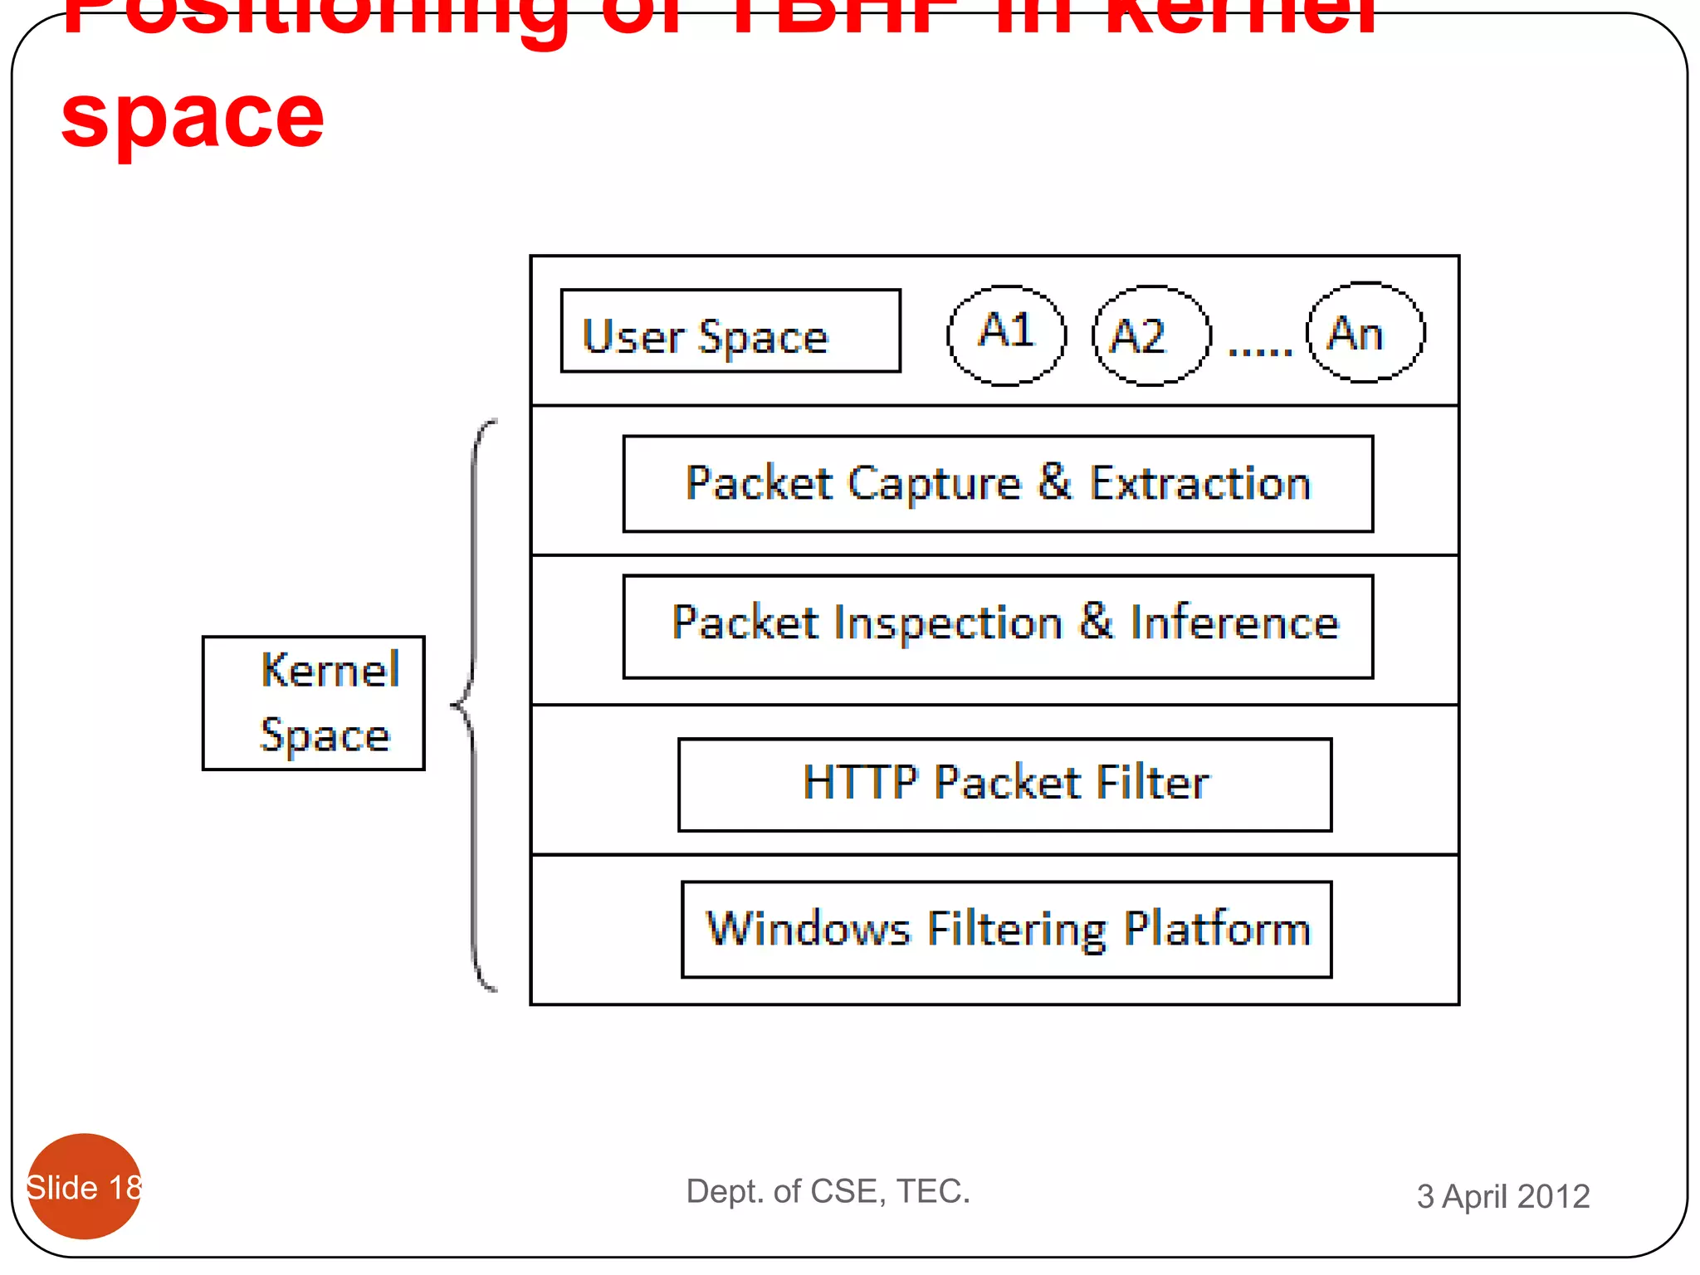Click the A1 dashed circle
coord(1006,335)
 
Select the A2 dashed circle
coord(1150,335)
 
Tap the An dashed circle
coord(1365,333)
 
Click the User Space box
coord(730,331)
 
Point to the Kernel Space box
coord(313,703)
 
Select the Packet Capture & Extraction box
coord(998,484)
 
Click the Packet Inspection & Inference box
coord(998,627)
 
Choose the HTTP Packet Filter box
coord(1004,784)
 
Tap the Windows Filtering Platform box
coord(1006,930)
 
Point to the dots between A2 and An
coord(1259,352)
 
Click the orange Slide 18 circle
coord(84,1186)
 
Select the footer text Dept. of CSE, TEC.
coord(828,1191)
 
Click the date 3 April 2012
coord(1502,1196)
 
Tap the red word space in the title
coord(193,118)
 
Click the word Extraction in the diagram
coord(1199,483)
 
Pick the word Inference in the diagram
coord(1234,623)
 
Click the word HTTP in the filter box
coord(860,782)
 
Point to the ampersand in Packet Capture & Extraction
coord(1054,481)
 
